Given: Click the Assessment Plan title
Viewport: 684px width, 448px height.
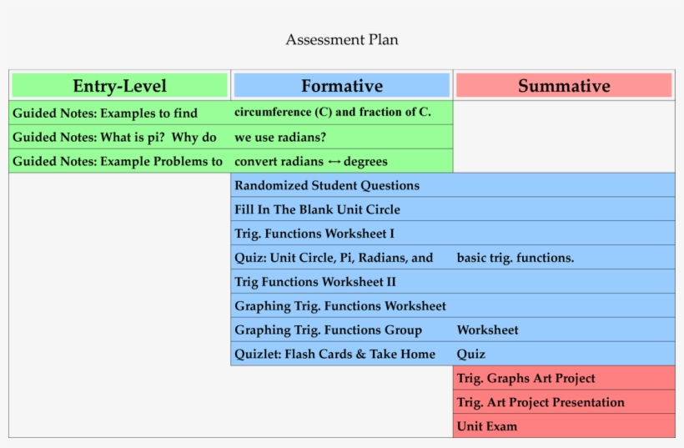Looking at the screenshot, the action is click(x=341, y=40).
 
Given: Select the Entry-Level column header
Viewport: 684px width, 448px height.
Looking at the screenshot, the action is click(x=119, y=85).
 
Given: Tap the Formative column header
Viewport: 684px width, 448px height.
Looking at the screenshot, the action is click(x=342, y=85).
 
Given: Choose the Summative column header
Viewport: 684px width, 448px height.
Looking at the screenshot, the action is click(x=564, y=85).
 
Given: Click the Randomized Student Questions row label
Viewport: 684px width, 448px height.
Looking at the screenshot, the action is click(x=327, y=185).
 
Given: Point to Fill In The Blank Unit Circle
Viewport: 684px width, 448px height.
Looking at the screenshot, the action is click(x=317, y=209).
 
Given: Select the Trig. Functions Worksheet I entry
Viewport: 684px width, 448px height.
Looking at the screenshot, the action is click(x=314, y=234).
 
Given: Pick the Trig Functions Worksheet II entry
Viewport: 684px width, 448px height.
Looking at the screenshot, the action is click(x=315, y=282).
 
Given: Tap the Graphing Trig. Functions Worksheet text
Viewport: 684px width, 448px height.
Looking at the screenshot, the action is click(x=340, y=306).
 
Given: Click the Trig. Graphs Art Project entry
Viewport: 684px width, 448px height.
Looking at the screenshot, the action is click(x=526, y=378).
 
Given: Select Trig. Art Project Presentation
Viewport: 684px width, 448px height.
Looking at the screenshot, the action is click(x=541, y=402).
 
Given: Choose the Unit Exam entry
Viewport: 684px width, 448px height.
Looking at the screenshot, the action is click(x=487, y=426).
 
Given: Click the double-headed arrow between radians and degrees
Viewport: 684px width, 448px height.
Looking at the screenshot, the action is click(x=334, y=162).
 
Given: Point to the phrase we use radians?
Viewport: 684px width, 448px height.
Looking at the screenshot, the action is click(x=280, y=138).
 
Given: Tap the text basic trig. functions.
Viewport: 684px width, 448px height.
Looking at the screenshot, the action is click(x=516, y=258).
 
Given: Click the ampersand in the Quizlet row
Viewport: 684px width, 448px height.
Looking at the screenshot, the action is click(x=360, y=354).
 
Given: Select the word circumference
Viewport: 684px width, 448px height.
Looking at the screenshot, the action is click(x=273, y=112).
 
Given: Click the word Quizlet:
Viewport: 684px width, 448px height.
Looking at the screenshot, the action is click(x=258, y=354).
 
